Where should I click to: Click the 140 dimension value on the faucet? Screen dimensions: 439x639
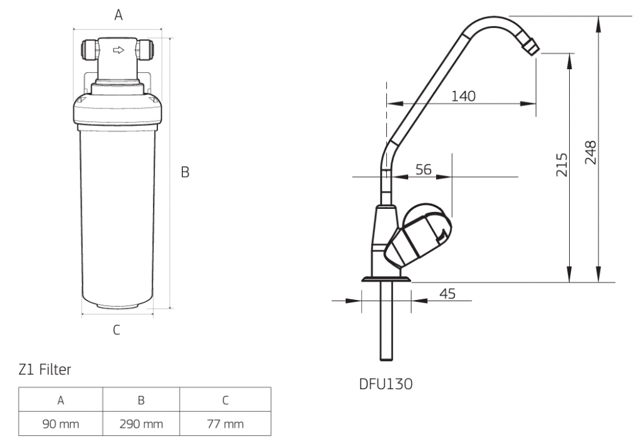tap(464, 96)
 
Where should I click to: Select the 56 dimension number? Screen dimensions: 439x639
tap(423, 170)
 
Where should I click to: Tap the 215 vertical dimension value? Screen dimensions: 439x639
tap(562, 165)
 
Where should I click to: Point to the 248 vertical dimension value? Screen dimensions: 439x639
tap(591, 152)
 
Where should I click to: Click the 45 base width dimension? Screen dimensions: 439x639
tap(447, 293)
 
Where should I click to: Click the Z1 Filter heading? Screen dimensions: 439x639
tap(45, 370)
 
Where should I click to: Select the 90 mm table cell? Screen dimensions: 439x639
tap(61, 425)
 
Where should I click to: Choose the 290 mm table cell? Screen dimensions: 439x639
tap(141, 425)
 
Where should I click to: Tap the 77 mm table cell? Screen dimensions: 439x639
tap(225, 425)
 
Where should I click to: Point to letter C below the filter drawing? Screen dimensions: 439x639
tap(117, 330)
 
